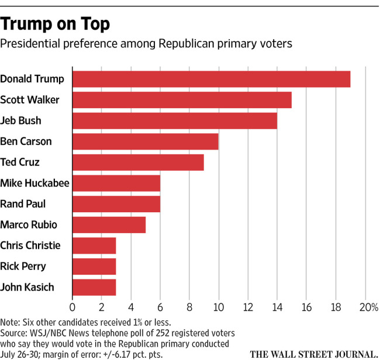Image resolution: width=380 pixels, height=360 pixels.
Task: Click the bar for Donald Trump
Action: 211,79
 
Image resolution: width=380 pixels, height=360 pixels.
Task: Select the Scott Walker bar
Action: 182,100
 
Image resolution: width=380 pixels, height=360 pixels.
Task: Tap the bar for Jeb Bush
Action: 175,120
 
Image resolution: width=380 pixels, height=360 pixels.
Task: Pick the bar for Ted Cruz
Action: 138,162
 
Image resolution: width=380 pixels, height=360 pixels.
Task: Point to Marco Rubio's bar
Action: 109,225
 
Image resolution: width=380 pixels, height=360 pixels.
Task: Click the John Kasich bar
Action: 94,288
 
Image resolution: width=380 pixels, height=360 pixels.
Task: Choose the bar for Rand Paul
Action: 116,204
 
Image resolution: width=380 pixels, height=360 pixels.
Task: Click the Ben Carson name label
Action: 26,141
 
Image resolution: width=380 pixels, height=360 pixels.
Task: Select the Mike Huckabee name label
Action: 34,183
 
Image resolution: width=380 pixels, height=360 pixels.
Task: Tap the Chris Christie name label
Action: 30,245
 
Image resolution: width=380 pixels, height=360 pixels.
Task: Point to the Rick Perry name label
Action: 23,266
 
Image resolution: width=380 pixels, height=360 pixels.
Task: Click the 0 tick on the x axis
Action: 72,307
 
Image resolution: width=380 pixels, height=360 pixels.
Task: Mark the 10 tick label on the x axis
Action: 219,307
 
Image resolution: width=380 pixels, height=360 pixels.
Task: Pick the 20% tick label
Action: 369,307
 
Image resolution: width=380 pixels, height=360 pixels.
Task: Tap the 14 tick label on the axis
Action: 277,307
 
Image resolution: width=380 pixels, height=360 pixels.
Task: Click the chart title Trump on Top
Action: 55,24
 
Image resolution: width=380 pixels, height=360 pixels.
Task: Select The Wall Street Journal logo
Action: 314,354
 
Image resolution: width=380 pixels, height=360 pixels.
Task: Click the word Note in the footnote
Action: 9,323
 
